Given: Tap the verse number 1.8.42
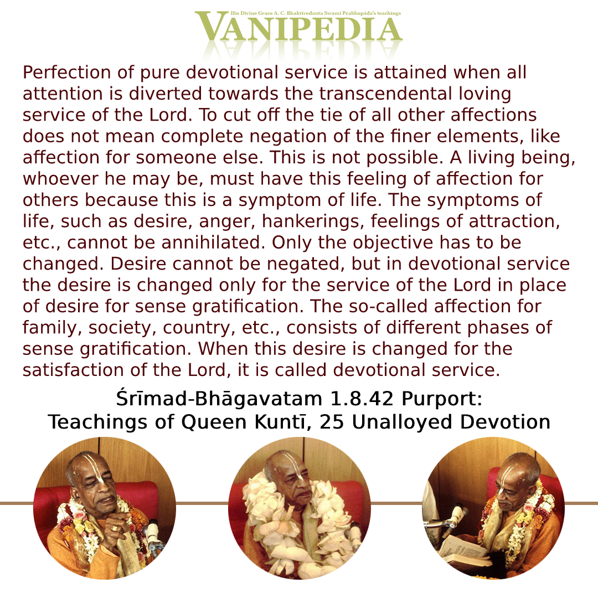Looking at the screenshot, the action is point(361,399).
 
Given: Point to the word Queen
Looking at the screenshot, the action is point(214,422).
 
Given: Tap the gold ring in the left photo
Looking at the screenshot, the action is point(115,528).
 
